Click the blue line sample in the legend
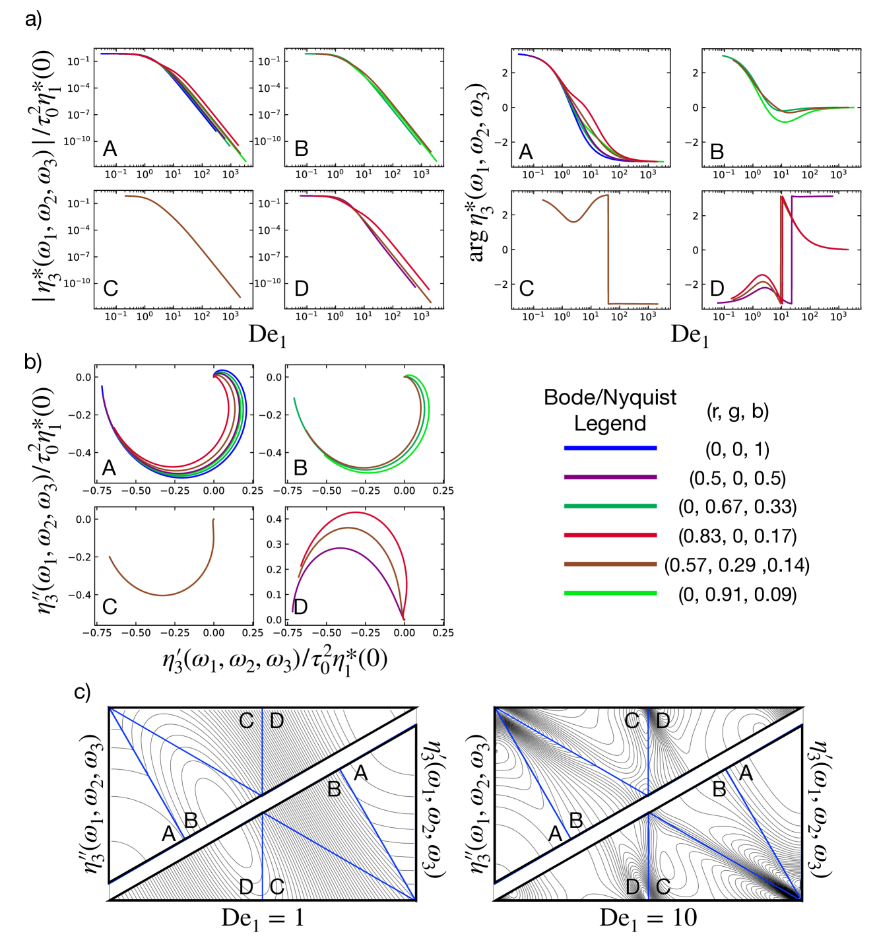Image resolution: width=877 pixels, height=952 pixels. click(610, 448)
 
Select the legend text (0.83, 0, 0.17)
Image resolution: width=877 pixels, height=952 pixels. click(737, 535)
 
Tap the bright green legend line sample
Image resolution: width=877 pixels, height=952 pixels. click(610, 594)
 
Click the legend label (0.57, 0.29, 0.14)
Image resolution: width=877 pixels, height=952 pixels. click(736, 565)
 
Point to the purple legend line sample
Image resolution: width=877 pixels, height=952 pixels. click(610, 477)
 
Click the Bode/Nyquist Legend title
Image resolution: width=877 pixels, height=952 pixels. click(610, 410)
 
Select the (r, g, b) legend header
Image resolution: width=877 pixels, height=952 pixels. click(737, 411)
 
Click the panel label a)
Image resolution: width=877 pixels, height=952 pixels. click(34, 19)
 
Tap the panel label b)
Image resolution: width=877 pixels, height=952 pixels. click(34, 361)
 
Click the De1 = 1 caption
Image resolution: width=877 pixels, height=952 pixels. click(263, 918)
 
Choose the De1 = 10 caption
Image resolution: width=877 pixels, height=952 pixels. click(647, 918)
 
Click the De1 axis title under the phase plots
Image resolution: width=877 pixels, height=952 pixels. click(689, 335)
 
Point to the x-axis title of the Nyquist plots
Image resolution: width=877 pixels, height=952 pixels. click(275, 660)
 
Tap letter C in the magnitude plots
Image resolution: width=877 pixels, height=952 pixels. click(110, 289)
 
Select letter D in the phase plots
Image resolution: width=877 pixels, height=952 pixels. click(717, 289)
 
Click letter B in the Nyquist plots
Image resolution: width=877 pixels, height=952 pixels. click(300, 468)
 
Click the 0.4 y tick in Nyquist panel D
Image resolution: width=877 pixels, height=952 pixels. click(274, 519)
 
